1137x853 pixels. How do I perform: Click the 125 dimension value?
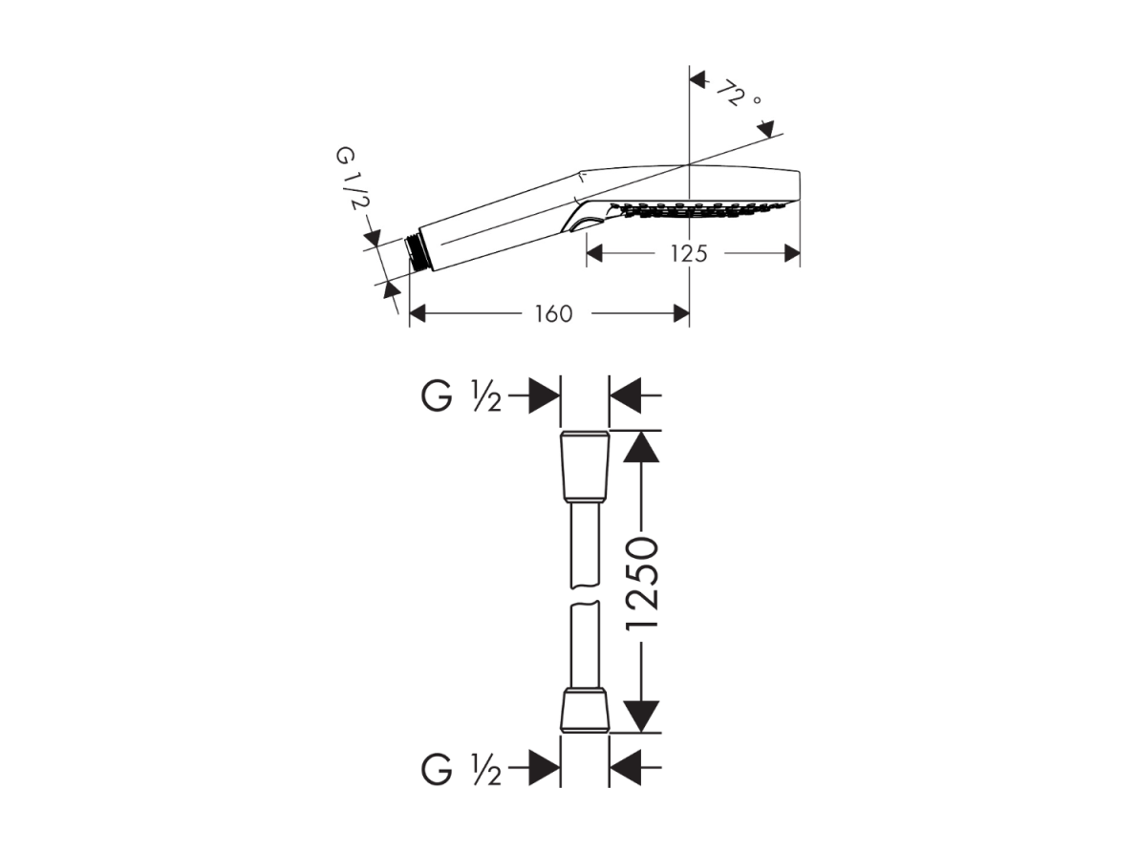[x=688, y=254]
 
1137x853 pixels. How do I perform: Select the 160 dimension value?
[x=553, y=314]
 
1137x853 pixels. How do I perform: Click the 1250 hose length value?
[x=642, y=584]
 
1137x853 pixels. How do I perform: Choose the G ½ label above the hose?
[x=461, y=397]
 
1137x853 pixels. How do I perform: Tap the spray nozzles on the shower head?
[x=697, y=210]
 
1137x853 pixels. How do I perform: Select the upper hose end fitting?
[x=585, y=467]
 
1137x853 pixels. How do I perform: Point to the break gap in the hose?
[x=585, y=594]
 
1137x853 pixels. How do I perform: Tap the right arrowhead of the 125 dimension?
[x=792, y=254]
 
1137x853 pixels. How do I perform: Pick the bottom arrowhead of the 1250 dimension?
[x=641, y=716]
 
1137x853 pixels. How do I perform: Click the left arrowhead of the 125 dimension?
[x=594, y=254]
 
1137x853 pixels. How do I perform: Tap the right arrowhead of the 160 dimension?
[x=681, y=314]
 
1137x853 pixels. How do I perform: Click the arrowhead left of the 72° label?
[x=697, y=79]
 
